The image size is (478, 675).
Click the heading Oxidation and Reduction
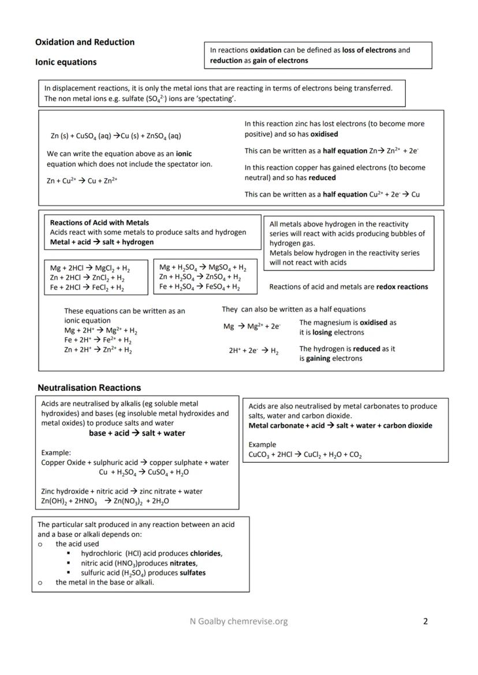coord(85,42)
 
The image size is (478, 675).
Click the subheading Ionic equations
coord(66,62)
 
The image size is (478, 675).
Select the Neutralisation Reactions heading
coord(89,388)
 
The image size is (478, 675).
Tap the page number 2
coord(425,621)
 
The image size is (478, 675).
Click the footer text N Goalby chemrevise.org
coord(238,621)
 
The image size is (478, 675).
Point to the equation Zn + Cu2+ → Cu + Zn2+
coord(82,180)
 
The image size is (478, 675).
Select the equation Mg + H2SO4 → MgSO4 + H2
coord(203,268)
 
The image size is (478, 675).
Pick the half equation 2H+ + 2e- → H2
coord(253,350)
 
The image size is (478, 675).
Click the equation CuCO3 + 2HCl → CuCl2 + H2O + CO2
coord(305,455)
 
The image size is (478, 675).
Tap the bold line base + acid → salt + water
coord(137,433)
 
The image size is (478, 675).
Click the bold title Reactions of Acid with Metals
coord(99,223)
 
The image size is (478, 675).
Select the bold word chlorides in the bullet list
coord(206,553)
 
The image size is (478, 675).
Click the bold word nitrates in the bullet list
coord(183,563)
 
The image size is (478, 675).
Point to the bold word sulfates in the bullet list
coord(192,573)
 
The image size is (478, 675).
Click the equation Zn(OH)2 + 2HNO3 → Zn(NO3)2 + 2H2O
coord(105,501)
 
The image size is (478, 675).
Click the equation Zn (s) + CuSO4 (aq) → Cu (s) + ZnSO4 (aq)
coord(115,136)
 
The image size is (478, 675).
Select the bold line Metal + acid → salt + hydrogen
coord(102,242)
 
